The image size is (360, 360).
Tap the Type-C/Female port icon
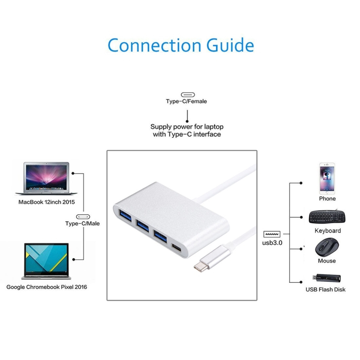click(x=187, y=95)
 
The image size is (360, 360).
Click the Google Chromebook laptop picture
click(x=46, y=262)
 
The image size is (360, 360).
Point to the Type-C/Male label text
click(x=83, y=224)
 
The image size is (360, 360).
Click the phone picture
click(x=327, y=178)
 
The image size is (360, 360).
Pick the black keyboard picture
click(x=328, y=217)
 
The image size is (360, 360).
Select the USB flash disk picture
click(x=327, y=278)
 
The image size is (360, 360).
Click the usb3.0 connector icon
click(x=272, y=235)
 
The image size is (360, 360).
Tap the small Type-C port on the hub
click(x=177, y=249)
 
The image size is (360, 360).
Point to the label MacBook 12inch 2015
click(x=47, y=202)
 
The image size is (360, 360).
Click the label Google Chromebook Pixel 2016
click(x=47, y=287)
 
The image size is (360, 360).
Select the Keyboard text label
click(x=328, y=231)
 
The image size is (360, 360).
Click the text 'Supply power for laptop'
click(x=187, y=127)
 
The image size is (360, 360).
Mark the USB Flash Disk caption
click(x=325, y=289)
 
